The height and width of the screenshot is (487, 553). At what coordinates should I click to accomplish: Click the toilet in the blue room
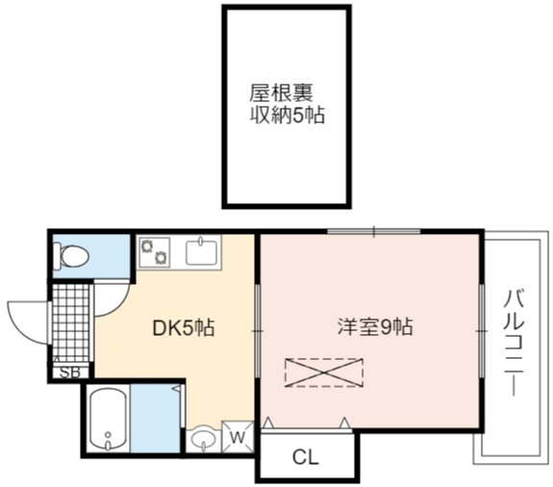coord(72,257)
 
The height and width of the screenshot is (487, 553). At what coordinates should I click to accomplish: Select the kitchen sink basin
coord(201,251)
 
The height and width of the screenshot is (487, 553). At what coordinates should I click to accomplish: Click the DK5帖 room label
coord(183,328)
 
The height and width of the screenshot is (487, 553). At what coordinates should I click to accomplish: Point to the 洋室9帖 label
coord(374,327)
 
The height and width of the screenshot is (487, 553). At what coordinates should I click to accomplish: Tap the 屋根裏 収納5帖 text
coord(287,104)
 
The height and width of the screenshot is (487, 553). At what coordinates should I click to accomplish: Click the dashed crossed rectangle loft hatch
coord(324,372)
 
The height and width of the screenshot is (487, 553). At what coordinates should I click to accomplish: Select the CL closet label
coord(306,457)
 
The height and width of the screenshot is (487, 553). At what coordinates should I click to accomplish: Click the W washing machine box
coord(238,437)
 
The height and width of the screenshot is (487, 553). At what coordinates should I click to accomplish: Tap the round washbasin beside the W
coord(203,439)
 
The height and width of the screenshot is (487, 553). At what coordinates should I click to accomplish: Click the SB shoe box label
coord(70,372)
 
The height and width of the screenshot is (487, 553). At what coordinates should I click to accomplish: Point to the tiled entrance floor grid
coord(70,322)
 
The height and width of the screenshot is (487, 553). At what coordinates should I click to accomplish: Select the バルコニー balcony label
coord(514,343)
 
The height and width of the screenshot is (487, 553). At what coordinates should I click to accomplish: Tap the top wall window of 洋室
coord(374,232)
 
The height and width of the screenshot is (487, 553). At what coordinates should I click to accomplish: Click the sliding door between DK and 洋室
coord(258,331)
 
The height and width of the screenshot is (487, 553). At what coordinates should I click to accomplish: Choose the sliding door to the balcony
coord(482,331)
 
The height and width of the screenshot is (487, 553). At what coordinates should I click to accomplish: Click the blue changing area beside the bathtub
coord(155,418)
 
